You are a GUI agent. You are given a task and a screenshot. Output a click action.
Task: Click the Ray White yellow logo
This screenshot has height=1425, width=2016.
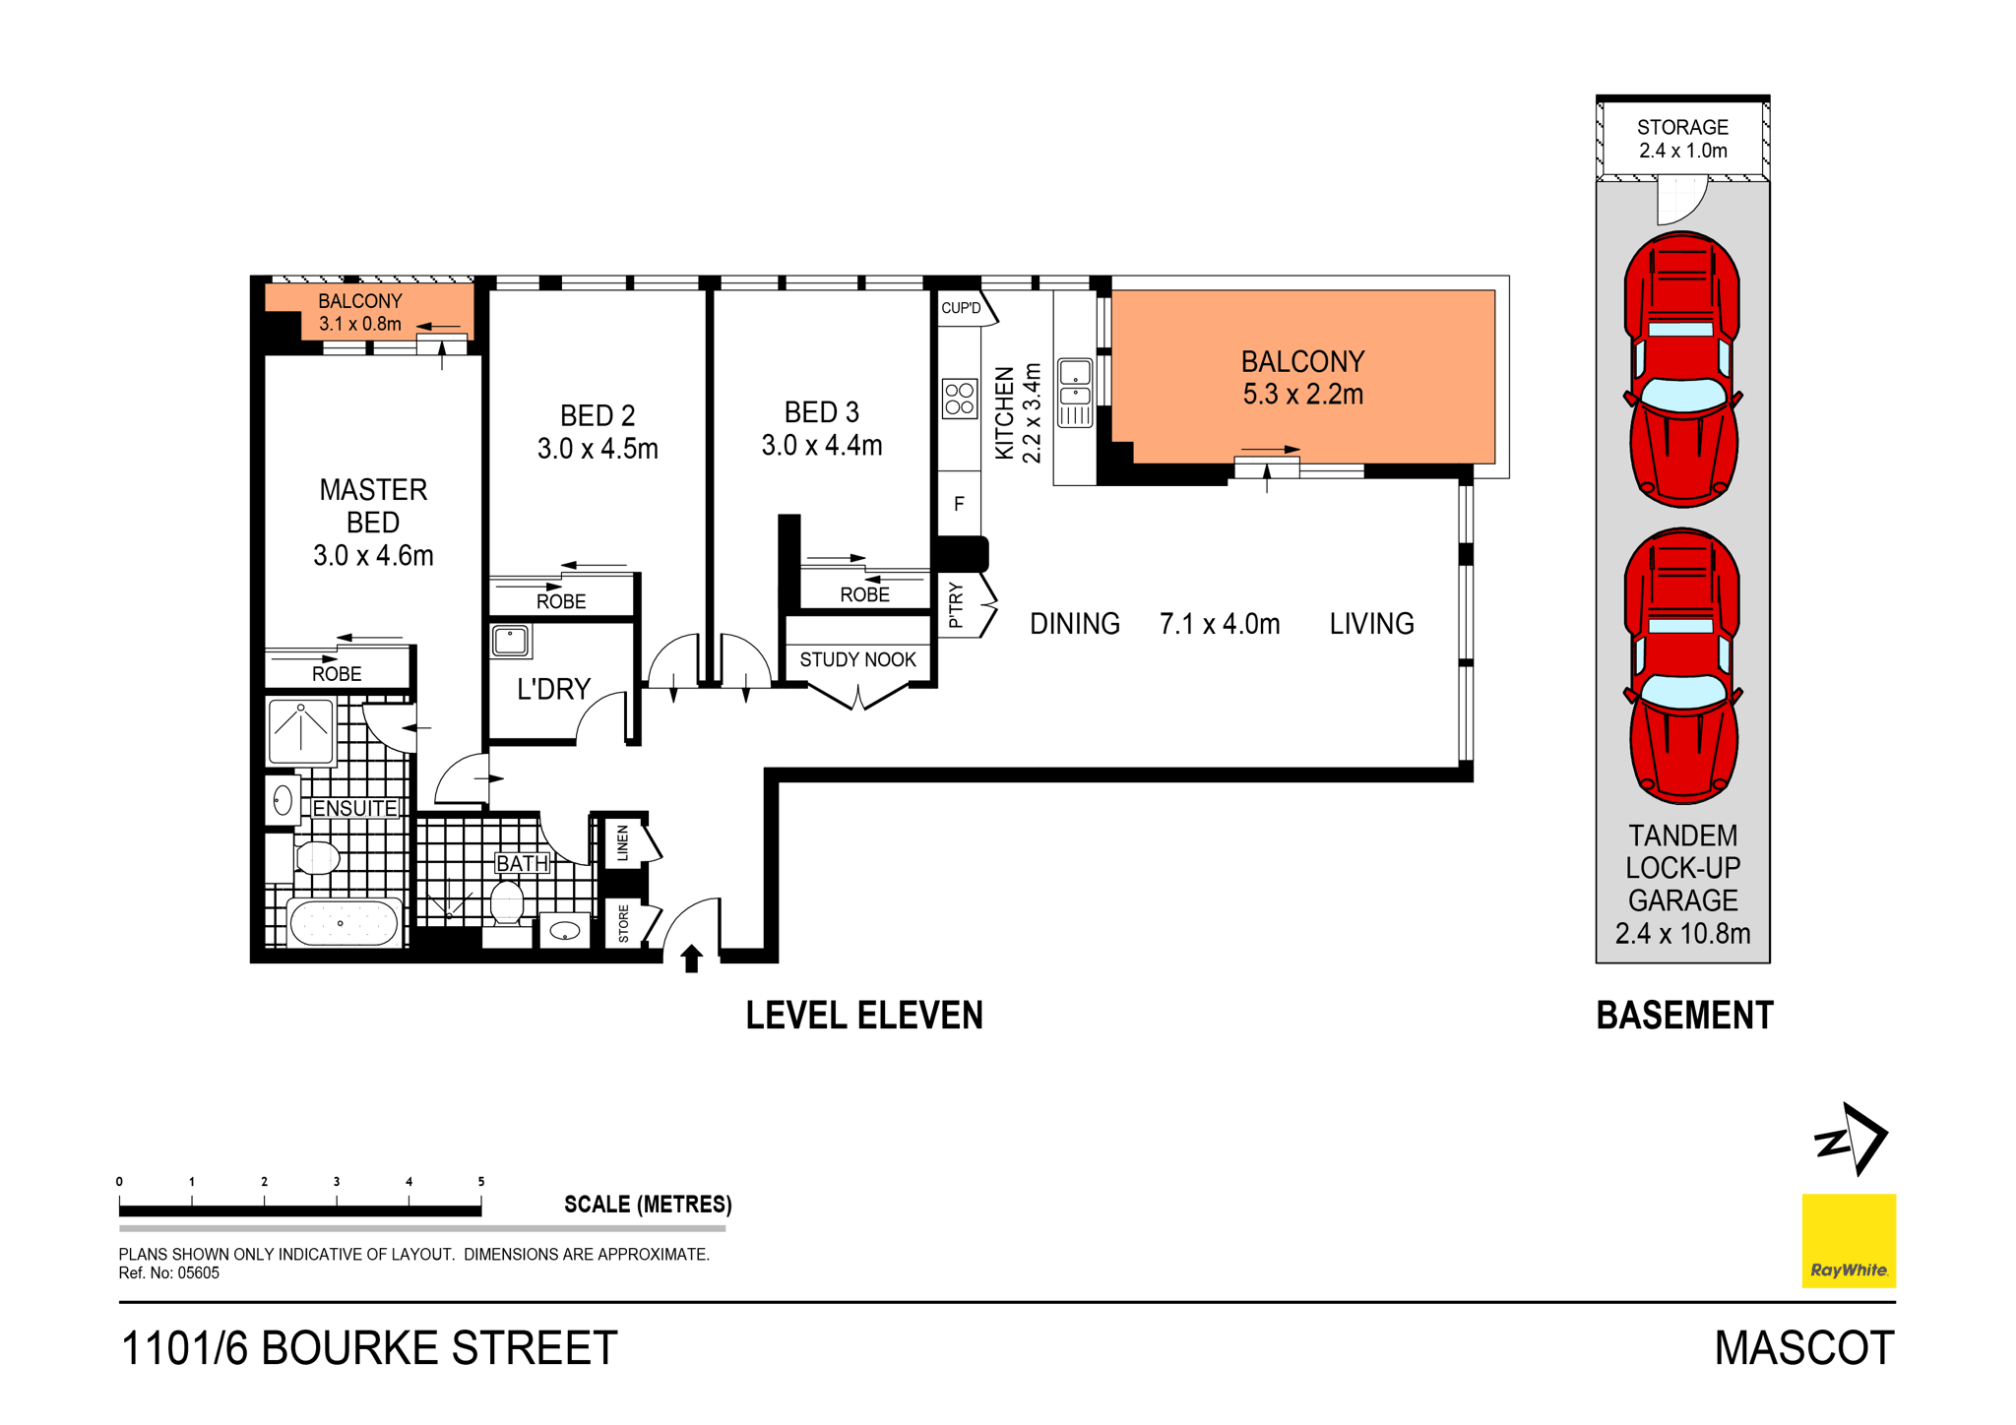coord(1848,1240)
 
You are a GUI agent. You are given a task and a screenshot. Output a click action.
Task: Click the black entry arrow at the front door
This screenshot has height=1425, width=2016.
coord(692,958)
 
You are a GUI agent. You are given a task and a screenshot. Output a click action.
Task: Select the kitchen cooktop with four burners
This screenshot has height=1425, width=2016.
coord(960,399)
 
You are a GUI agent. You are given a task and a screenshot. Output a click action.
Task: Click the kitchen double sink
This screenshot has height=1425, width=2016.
coord(1075,393)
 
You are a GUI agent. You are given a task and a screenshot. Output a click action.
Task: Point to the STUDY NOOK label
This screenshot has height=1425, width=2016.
coord(857,659)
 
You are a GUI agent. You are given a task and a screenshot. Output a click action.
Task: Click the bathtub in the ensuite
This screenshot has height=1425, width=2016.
coord(342,923)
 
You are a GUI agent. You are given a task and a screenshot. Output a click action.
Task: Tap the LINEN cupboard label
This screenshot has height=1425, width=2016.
coord(622,843)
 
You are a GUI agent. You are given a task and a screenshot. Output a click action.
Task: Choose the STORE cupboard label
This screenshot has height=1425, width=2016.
coord(623,924)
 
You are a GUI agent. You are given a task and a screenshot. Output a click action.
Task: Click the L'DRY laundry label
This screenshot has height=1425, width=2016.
coord(553,689)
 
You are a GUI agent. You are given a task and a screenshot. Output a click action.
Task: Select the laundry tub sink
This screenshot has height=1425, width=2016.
coord(511,641)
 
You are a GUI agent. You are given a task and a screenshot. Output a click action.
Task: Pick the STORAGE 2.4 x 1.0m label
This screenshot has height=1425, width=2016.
coord(1682,139)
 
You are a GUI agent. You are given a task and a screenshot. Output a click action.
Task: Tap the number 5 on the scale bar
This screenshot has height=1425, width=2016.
coord(481,1181)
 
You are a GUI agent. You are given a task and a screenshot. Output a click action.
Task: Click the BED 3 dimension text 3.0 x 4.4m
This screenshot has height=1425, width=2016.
coord(821,446)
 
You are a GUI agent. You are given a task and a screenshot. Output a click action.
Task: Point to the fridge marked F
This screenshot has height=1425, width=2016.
coord(959,504)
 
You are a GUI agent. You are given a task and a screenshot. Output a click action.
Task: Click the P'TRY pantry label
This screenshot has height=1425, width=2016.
coord(956,606)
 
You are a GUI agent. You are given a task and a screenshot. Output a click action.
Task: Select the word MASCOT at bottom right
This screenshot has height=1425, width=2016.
coord(1803,1347)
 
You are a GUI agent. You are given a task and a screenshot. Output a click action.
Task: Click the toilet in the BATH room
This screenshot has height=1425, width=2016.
coord(507,902)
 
